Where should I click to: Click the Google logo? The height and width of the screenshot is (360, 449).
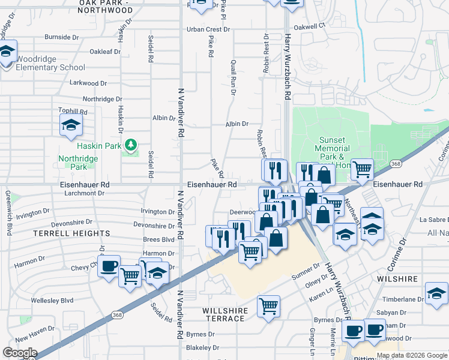click(20, 353)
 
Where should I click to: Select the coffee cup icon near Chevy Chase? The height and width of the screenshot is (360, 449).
click(109, 266)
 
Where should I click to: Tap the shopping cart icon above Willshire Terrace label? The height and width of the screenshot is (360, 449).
click(268, 305)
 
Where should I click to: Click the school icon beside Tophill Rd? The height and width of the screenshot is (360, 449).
click(71, 126)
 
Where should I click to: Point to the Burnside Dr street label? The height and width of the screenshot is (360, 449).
click(61, 37)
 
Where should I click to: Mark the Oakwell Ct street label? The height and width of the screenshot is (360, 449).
click(309, 26)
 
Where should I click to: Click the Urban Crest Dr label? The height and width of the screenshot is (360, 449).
click(208, 29)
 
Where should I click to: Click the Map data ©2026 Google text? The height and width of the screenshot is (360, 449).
click(411, 355)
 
